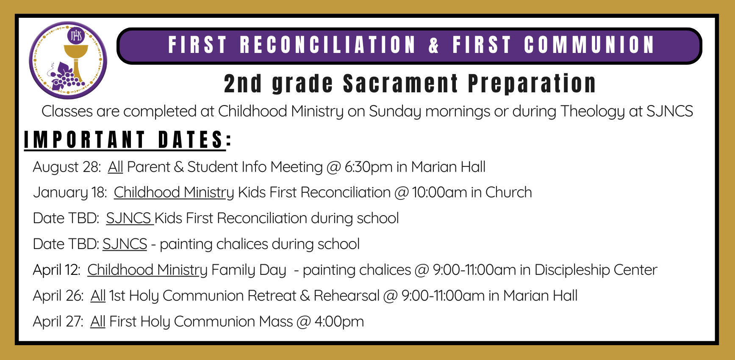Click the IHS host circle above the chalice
76,36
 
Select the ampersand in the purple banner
433,45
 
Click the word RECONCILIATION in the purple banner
327,45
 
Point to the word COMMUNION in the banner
589,45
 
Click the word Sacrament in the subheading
400,83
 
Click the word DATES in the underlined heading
191,140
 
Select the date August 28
67,167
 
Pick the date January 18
69,193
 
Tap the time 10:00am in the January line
439,193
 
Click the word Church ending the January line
508,193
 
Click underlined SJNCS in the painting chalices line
125,244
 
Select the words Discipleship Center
596,270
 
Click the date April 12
56,270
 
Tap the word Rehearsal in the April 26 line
346,296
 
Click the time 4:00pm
339,322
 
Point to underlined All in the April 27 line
98,322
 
